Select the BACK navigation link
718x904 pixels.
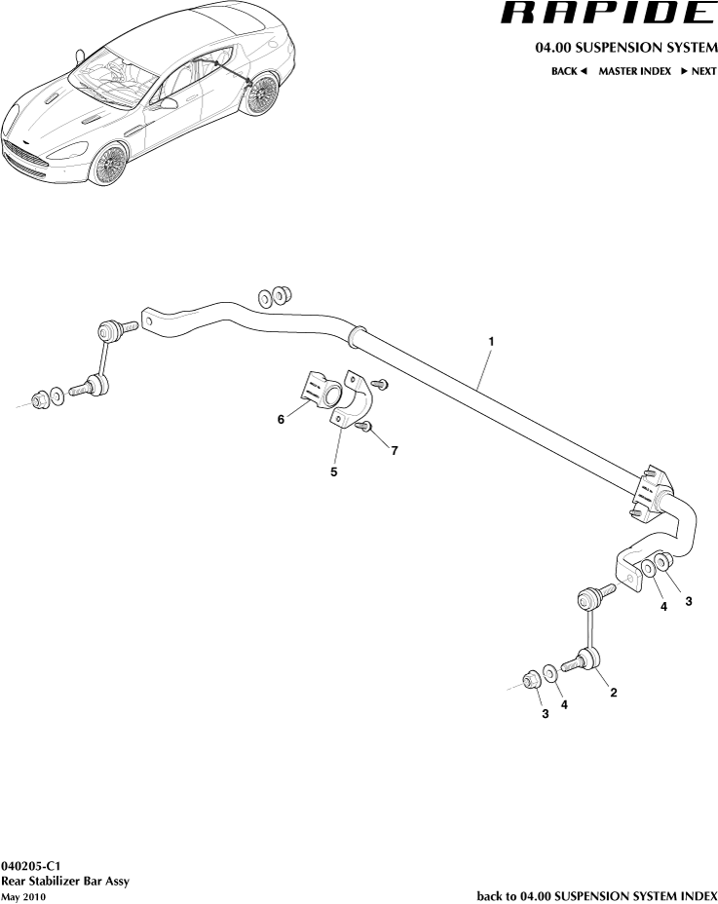[569, 71]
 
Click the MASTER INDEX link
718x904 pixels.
[634, 71]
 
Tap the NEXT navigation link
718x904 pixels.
[698, 71]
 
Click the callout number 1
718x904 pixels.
[492, 342]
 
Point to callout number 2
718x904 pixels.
[613, 693]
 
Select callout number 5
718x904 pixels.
[333, 471]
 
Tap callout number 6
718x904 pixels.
[281, 419]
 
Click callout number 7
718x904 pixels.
[395, 450]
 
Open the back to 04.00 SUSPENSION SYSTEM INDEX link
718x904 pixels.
[596, 895]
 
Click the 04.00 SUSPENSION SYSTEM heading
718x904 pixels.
[625, 48]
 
